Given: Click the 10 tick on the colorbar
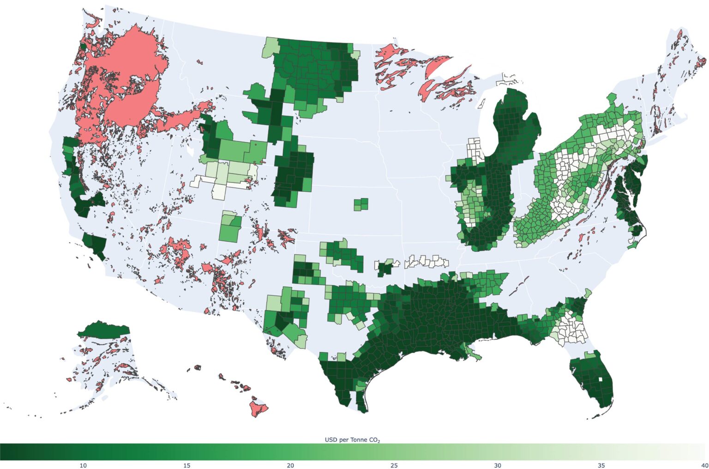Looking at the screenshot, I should (x=83, y=465).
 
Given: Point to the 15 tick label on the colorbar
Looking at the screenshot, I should (x=186, y=465).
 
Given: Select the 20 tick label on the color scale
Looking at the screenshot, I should (x=290, y=465).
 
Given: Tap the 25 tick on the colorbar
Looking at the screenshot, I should (x=394, y=465).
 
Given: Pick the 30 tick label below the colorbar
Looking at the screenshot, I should (x=498, y=465).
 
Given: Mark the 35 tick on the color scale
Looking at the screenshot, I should (x=601, y=465).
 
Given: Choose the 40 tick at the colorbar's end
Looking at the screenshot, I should (x=704, y=465).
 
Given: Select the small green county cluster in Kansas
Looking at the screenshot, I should (x=361, y=204).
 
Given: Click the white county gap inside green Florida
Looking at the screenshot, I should (x=600, y=382).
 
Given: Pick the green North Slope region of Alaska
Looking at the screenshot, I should (x=104, y=329).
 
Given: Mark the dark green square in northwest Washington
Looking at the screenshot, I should (x=84, y=46).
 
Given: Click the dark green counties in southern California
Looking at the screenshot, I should (x=95, y=245).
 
